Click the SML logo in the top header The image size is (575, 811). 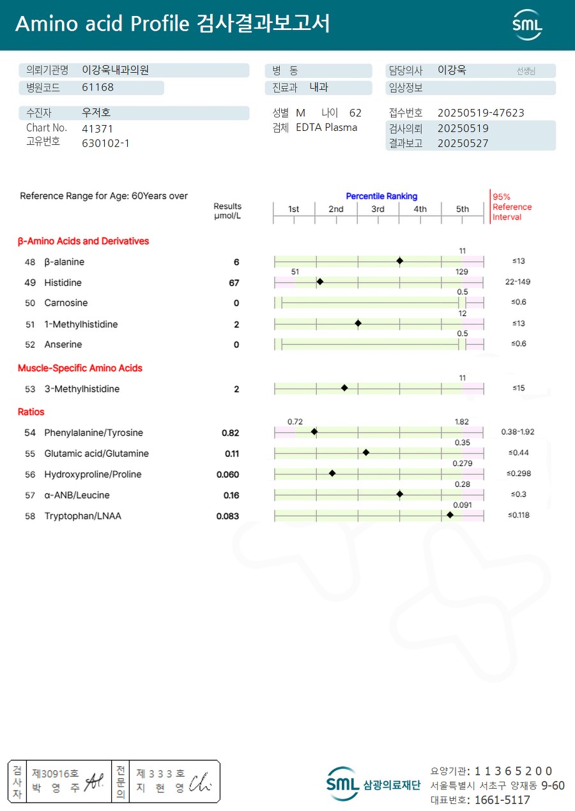(527, 25)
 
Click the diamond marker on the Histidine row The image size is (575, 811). (320, 281)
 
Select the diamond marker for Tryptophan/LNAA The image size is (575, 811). (450, 514)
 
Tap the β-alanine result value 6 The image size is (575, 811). (236, 262)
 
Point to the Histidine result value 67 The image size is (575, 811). (234, 283)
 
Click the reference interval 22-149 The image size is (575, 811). (517, 281)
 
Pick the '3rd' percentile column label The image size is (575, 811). (378, 209)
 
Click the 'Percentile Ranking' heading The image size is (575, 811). (381, 197)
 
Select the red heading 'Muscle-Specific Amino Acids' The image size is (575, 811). (80, 368)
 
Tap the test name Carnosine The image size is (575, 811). (66, 303)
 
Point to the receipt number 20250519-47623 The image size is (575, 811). (480, 113)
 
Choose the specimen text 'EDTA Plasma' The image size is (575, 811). (326, 128)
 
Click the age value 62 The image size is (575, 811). (355, 113)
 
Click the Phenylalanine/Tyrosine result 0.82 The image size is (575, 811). (231, 433)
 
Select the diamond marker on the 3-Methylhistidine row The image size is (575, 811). (344, 388)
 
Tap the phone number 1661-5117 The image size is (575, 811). (502, 800)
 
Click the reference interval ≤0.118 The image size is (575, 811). (519, 515)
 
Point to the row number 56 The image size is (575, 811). (30, 475)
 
